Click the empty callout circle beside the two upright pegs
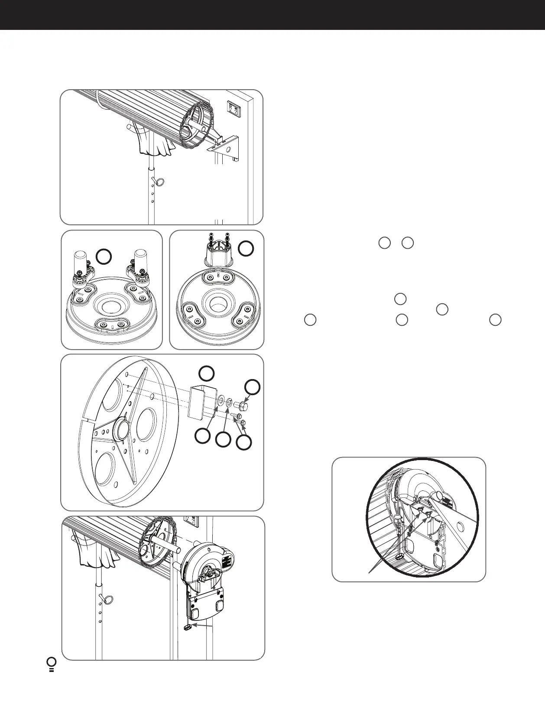tap(103, 256)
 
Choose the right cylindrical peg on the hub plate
tap(142, 260)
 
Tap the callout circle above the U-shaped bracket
tap(206, 373)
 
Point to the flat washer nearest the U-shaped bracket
tap(221, 399)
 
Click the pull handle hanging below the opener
tap(188, 628)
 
